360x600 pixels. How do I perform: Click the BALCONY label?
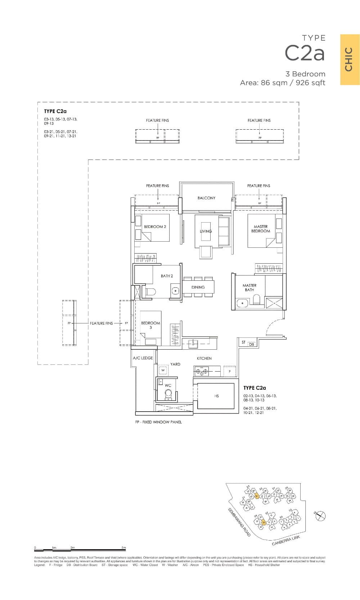pyautogui.click(x=206, y=198)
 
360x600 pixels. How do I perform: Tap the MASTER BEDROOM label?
pyautogui.click(x=260, y=229)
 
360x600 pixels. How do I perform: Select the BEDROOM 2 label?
pyautogui.click(x=155, y=227)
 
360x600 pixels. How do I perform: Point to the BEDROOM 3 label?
pyautogui.click(x=150, y=325)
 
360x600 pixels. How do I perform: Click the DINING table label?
pyautogui.click(x=198, y=287)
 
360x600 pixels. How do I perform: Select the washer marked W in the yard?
pyautogui.click(x=163, y=370)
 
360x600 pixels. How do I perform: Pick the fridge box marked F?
pyautogui.click(x=230, y=371)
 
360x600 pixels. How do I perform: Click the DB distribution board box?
pyautogui.click(x=251, y=344)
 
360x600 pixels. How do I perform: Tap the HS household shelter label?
pyautogui.click(x=216, y=396)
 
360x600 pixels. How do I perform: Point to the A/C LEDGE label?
pyautogui.click(x=143, y=358)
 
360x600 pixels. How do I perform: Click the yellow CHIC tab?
pyautogui.click(x=350, y=60)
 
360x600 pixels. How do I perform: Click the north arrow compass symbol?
pyautogui.click(x=320, y=516)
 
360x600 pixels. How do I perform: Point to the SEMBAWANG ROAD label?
pyautogui.click(x=239, y=523)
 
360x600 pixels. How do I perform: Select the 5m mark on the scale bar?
pyautogui.click(x=123, y=548)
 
